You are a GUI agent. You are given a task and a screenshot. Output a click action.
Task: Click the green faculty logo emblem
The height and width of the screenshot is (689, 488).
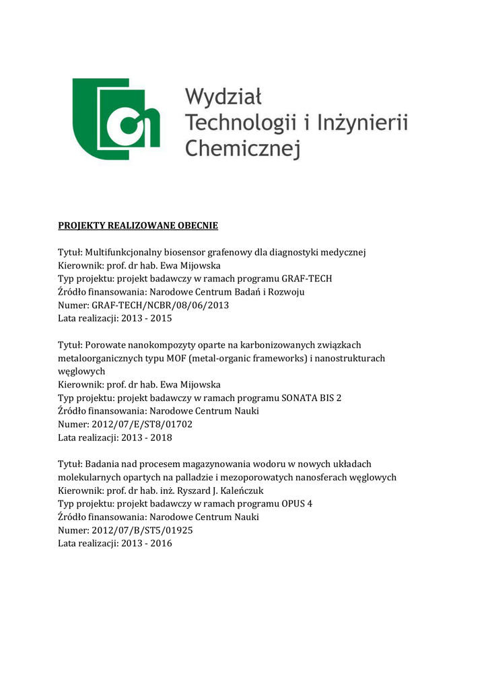(116, 119)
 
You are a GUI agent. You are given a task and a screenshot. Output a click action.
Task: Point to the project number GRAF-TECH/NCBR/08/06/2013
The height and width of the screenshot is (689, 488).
(160, 305)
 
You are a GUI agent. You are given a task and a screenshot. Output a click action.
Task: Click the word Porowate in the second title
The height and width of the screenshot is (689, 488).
(106, 345)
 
